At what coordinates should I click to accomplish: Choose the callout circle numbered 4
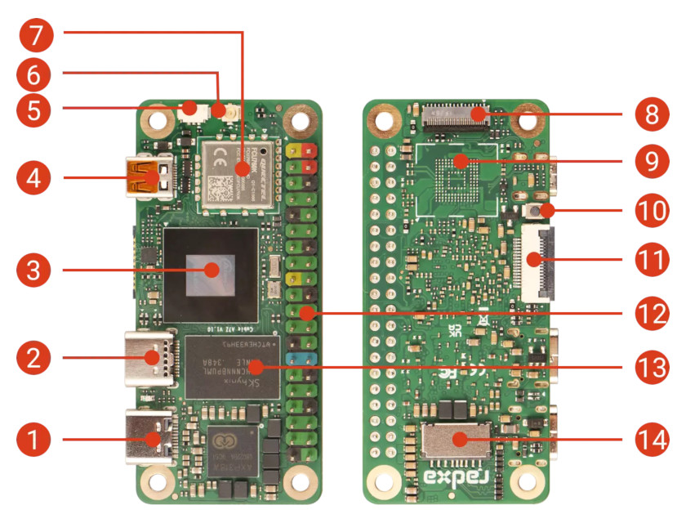(33, 176)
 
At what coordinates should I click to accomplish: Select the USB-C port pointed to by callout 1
(150, 440)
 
